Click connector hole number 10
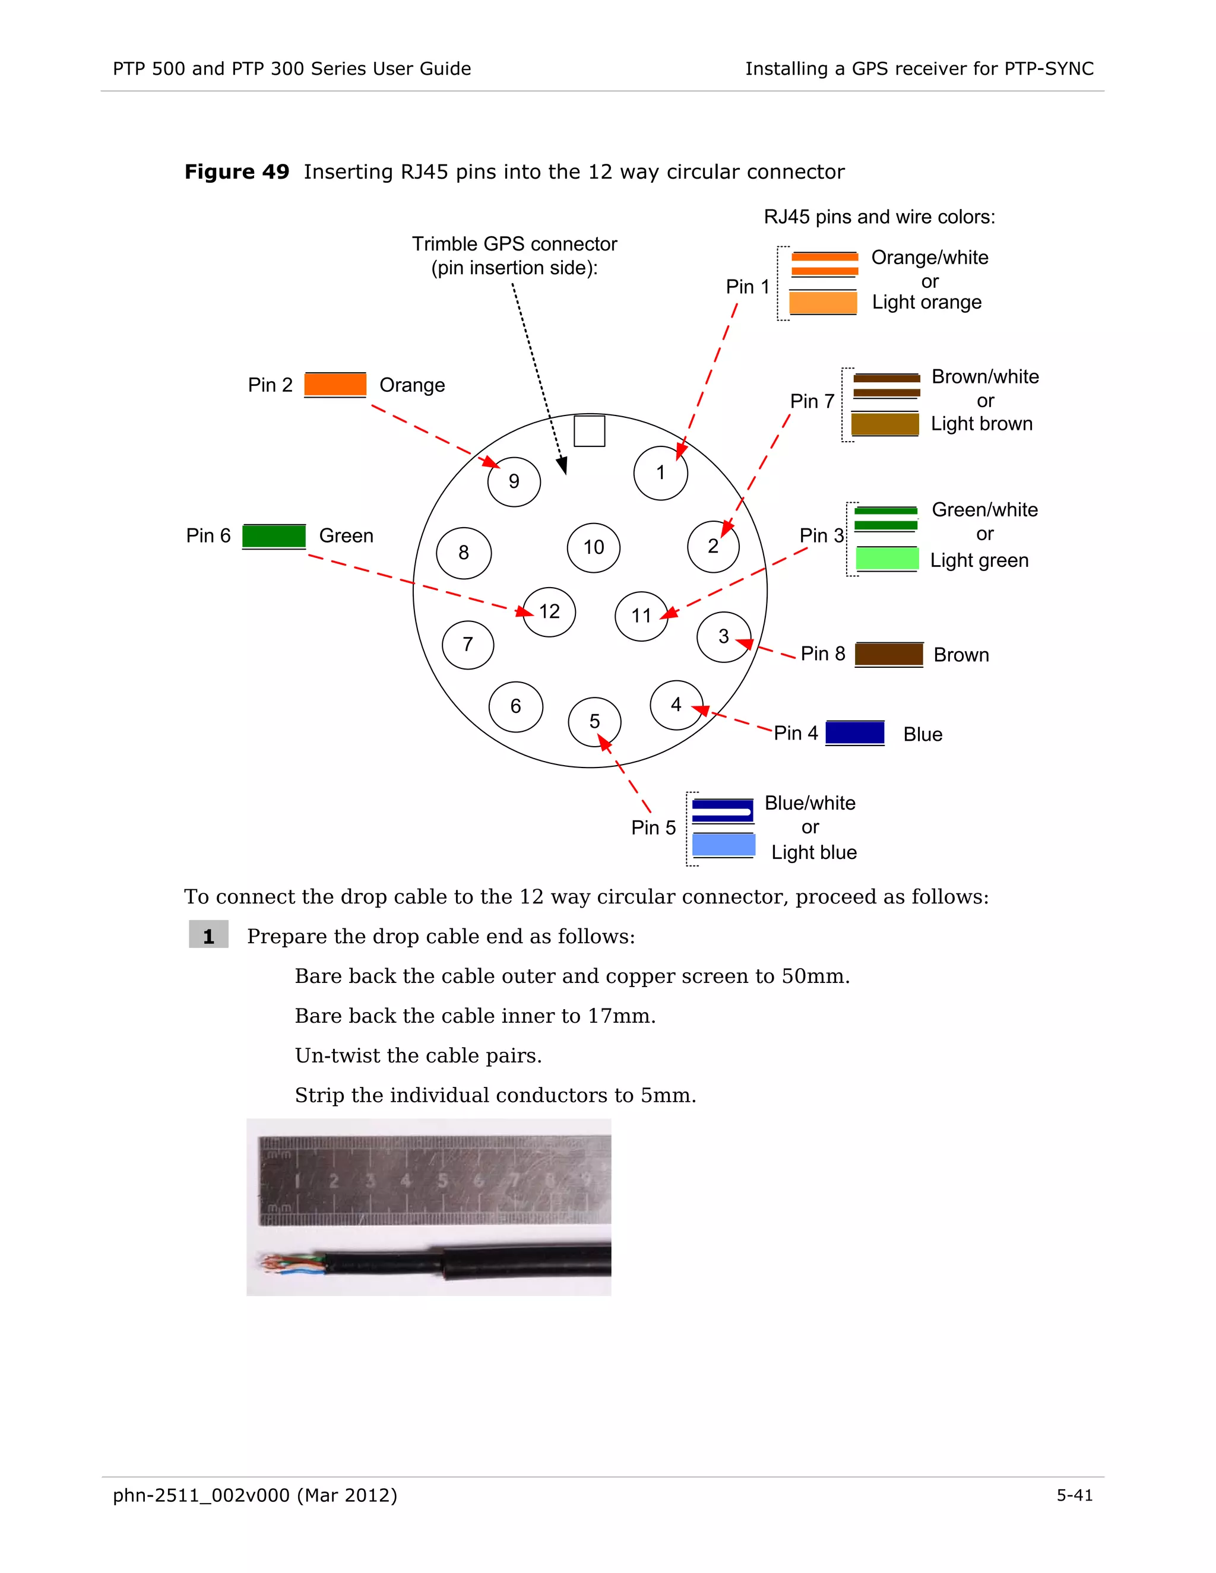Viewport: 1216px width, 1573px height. tap(594, 547)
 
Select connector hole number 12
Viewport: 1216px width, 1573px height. tap(549, 611)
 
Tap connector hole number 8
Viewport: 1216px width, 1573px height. tap(464, 553)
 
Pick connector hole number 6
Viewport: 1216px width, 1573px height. tap(516, 706)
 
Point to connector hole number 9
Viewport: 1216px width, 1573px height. tap(514, 481)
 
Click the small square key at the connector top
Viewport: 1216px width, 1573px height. tap(589, 431)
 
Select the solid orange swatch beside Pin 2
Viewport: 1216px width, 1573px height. tap(335, 385)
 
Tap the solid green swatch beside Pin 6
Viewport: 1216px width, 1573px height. tap(274, 536)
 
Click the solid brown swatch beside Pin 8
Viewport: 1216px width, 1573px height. tap(889, 654)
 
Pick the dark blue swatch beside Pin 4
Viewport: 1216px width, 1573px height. tap(854, 732)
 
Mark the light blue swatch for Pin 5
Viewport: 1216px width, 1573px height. tap(723, 845)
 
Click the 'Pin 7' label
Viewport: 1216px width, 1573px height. tap(812, 401)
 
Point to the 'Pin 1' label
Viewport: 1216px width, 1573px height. tap(748, 287)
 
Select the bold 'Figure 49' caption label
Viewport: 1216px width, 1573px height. tap(236, 172)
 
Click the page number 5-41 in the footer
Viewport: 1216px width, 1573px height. tap(1074, 1495)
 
